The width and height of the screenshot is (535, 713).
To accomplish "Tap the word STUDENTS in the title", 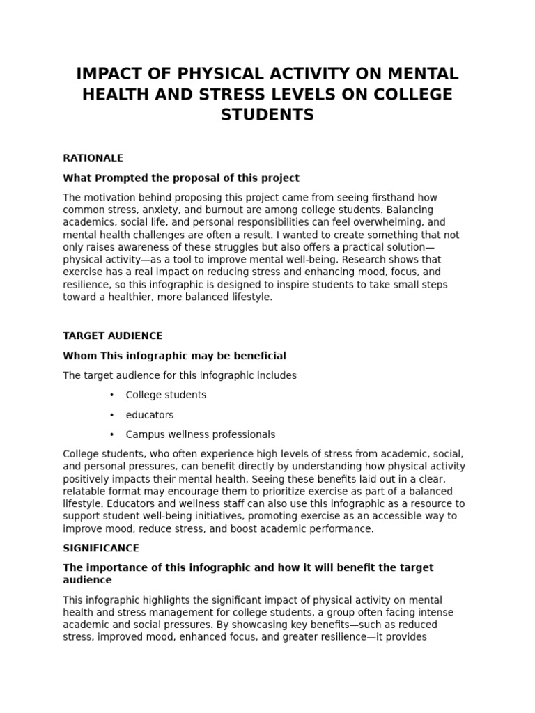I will click(267, 115).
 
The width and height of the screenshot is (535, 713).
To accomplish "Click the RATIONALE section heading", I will click(93, 158).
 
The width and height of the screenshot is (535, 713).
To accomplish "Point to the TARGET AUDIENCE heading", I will click(112, 336).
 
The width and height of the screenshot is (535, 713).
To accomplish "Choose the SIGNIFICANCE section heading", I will click(101, 548).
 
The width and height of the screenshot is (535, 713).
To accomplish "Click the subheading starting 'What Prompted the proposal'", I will click(181, 178).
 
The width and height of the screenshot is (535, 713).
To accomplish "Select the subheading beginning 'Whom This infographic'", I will click(174, 356).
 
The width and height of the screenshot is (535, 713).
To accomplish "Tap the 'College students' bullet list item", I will click(166, 395).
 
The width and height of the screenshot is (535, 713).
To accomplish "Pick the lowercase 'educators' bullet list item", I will click(150, 415).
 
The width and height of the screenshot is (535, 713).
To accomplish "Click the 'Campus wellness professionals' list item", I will click(200, 434).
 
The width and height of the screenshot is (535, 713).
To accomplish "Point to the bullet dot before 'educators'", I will click(111, 415).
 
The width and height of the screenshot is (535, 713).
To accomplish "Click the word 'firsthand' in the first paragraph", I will click(415, 198).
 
